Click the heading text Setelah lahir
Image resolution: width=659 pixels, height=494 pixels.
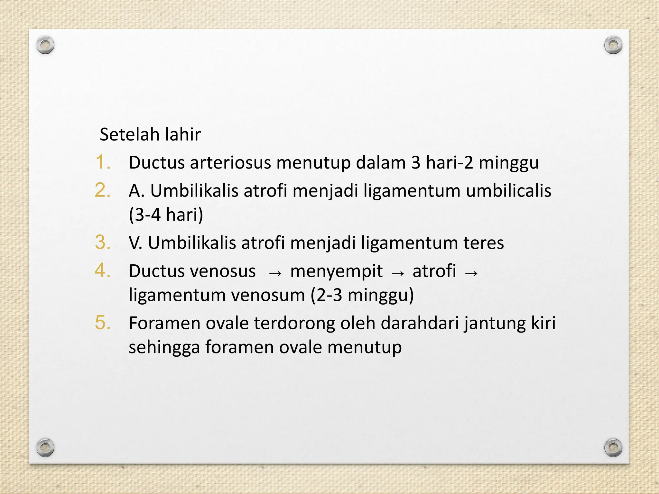[150, 134]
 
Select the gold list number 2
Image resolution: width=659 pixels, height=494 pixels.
[103, 190]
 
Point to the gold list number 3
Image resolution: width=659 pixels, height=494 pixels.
[103, 242]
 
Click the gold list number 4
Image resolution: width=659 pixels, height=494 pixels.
[103, 270]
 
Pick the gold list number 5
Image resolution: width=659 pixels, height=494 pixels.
[103, 323]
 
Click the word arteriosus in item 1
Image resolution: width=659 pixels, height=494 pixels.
[230, 163]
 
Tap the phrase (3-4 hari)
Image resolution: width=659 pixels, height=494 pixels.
[166, 215]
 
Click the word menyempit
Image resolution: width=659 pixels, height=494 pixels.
[336, 271]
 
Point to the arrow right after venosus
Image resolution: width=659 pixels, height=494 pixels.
[275, 273]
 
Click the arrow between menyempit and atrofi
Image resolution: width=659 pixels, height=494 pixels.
[398, 273]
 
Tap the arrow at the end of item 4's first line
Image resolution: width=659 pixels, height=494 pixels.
[471, 273]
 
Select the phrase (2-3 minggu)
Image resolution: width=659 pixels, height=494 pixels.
[362, 295]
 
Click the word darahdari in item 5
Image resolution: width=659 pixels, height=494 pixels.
[420, 323]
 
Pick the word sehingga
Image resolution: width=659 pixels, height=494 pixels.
[164, 348]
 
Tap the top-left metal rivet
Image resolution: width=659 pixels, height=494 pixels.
[45, 45]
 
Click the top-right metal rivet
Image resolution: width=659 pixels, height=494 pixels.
[613, 45]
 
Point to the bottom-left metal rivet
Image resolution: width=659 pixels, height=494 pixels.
[45, 447]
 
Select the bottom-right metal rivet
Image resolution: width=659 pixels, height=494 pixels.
[613, 447]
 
